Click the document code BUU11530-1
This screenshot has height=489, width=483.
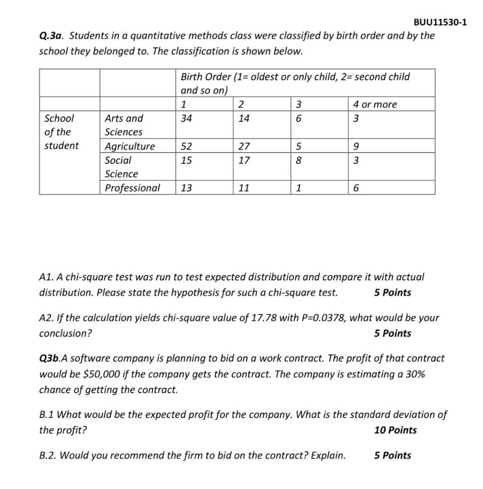click(440, 22)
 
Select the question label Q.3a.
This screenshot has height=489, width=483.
click(53, 36)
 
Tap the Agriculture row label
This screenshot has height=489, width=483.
click(130, 146)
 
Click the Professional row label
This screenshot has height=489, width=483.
click(132, 188)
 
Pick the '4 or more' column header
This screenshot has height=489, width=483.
click(375, 105)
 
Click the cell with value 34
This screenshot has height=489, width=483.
click(186, 118)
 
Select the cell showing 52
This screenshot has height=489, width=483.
click(186, 146)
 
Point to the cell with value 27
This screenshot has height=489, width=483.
click(244, 146)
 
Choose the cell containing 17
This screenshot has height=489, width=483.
click(244, 160)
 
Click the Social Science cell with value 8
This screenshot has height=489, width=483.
click(299, 160)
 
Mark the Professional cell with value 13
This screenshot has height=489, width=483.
click(186, 188)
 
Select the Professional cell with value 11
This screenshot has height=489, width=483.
click(244, 188)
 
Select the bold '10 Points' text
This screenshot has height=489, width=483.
click(396, 430)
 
